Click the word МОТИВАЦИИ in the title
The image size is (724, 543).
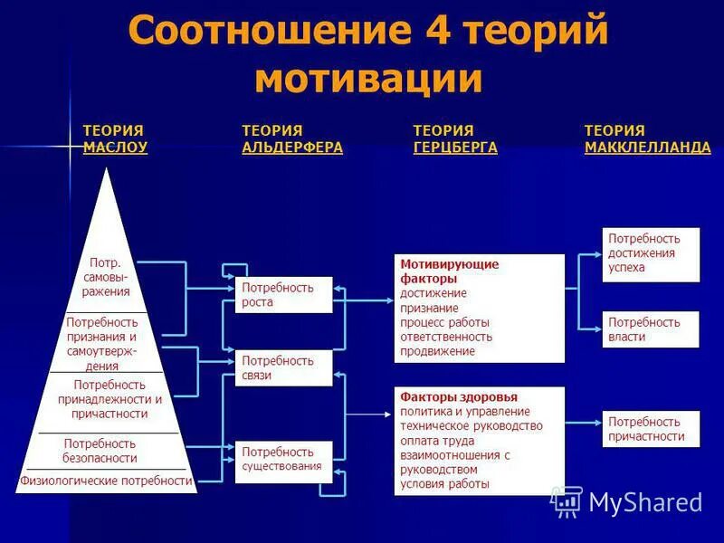click(x=367, y=79)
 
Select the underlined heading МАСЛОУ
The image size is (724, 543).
click(x=115, y=148)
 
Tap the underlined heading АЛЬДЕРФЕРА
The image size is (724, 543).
click(x=292, y=148)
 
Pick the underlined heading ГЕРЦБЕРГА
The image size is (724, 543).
click(x=455, y=148)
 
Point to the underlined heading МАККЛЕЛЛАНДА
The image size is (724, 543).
click(x=647, y=148)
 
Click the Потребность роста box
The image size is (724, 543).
click(x=284, y=295)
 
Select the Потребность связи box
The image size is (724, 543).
click(x=284, y=367)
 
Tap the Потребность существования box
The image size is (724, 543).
click(x=284, y=459)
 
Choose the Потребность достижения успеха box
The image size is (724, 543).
click(x=651, y=253)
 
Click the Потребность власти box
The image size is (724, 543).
click(x=651, y=329)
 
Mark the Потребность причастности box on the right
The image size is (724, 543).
click(x=651, y=429)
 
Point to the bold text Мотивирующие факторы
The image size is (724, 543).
click(x=450, y=271)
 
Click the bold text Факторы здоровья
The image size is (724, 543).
click(x=446, y=397)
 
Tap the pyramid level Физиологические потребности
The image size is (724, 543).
click(x=107, y=481)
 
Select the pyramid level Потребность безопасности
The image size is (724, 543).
click(x=100, y=451)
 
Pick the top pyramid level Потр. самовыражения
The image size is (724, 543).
click(x=106, y=277)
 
